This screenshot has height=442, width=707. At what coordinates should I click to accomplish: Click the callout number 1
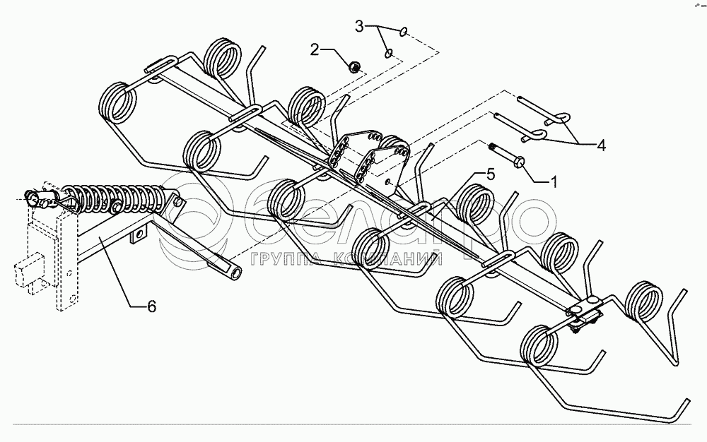pos(554,181)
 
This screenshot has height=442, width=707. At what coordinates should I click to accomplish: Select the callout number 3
pos(359,27)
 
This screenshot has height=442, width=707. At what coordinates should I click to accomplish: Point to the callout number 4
pos(601,146)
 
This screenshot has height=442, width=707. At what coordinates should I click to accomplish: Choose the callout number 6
pos(151,306)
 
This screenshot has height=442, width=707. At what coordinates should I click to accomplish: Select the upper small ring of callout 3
pos(402,31)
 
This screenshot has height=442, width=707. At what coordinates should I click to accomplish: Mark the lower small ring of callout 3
pos(388,53)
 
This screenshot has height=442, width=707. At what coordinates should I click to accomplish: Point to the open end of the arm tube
pos(233,271)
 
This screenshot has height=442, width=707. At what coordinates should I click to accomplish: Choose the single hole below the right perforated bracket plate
pos(390,181)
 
